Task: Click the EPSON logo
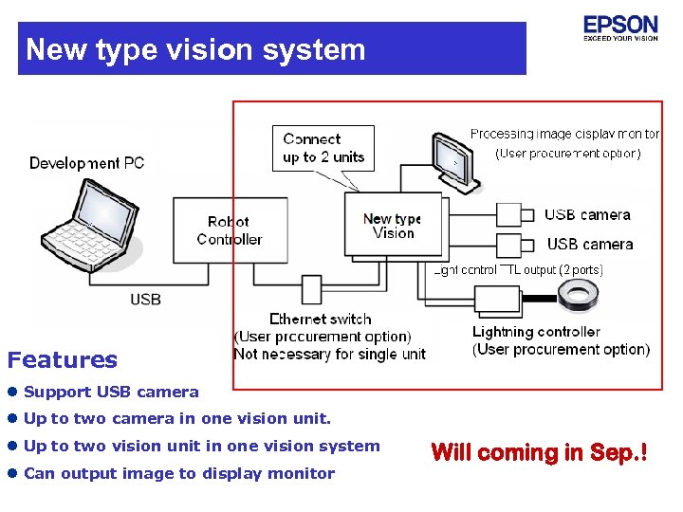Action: click(620, 27)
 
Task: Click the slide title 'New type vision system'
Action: click(195, 49)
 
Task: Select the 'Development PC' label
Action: click(86, 163)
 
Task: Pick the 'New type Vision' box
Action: click(393, 226)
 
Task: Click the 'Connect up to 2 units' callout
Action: click(323, 148)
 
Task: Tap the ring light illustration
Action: click(578, 298)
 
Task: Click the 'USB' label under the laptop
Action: click(145, 300)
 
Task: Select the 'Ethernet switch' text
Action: click(321, 320)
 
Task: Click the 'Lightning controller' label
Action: click(536, 332)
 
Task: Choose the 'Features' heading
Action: click(63, 360)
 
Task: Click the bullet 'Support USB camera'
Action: click(111, 392)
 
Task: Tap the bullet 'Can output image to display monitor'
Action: click(178, 473)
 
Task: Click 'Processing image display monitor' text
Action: click(564, 135)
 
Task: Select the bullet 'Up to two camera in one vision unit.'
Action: click(177, 418)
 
